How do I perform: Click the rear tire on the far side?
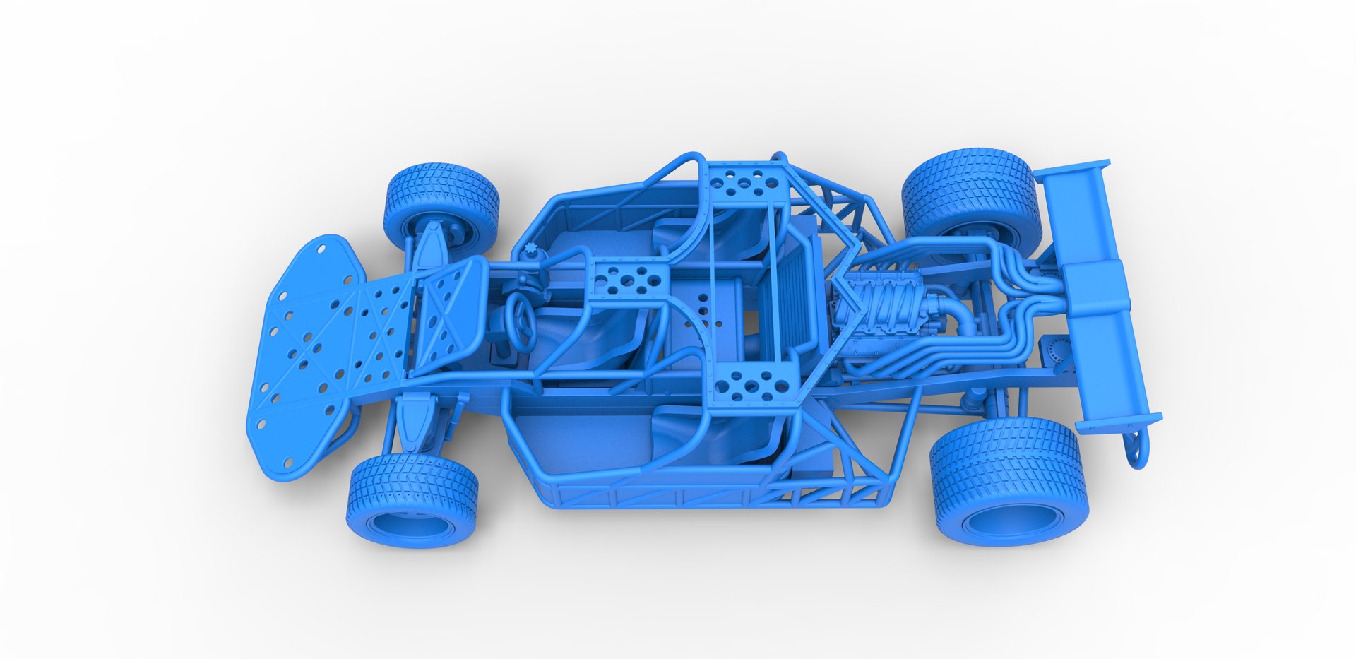[971, 191]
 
